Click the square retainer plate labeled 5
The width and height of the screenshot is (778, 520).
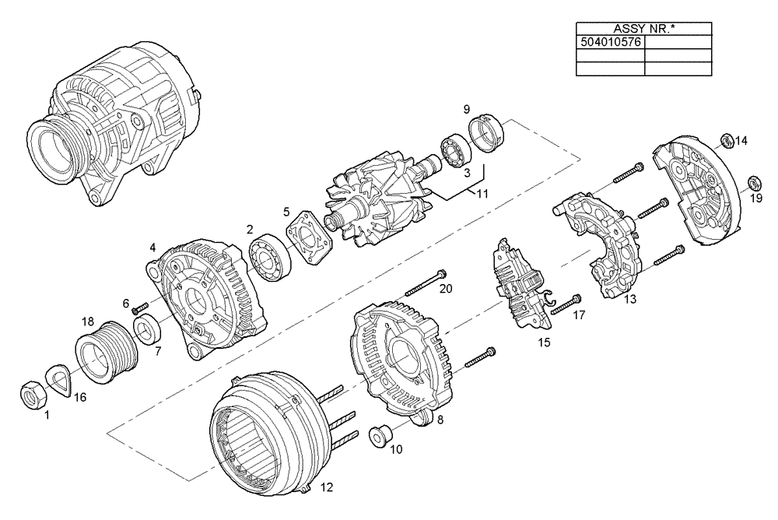coord(310,241)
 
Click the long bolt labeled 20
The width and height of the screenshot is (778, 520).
coord(424,287)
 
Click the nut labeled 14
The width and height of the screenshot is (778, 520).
coord(725,140)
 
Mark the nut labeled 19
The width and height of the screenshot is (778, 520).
coord(754,184)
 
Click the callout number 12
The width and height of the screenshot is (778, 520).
coord(326,488)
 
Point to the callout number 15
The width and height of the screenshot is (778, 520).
coord(544,342)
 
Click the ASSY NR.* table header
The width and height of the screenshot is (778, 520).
coord(644,29)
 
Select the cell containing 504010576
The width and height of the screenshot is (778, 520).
coord(611,42)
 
